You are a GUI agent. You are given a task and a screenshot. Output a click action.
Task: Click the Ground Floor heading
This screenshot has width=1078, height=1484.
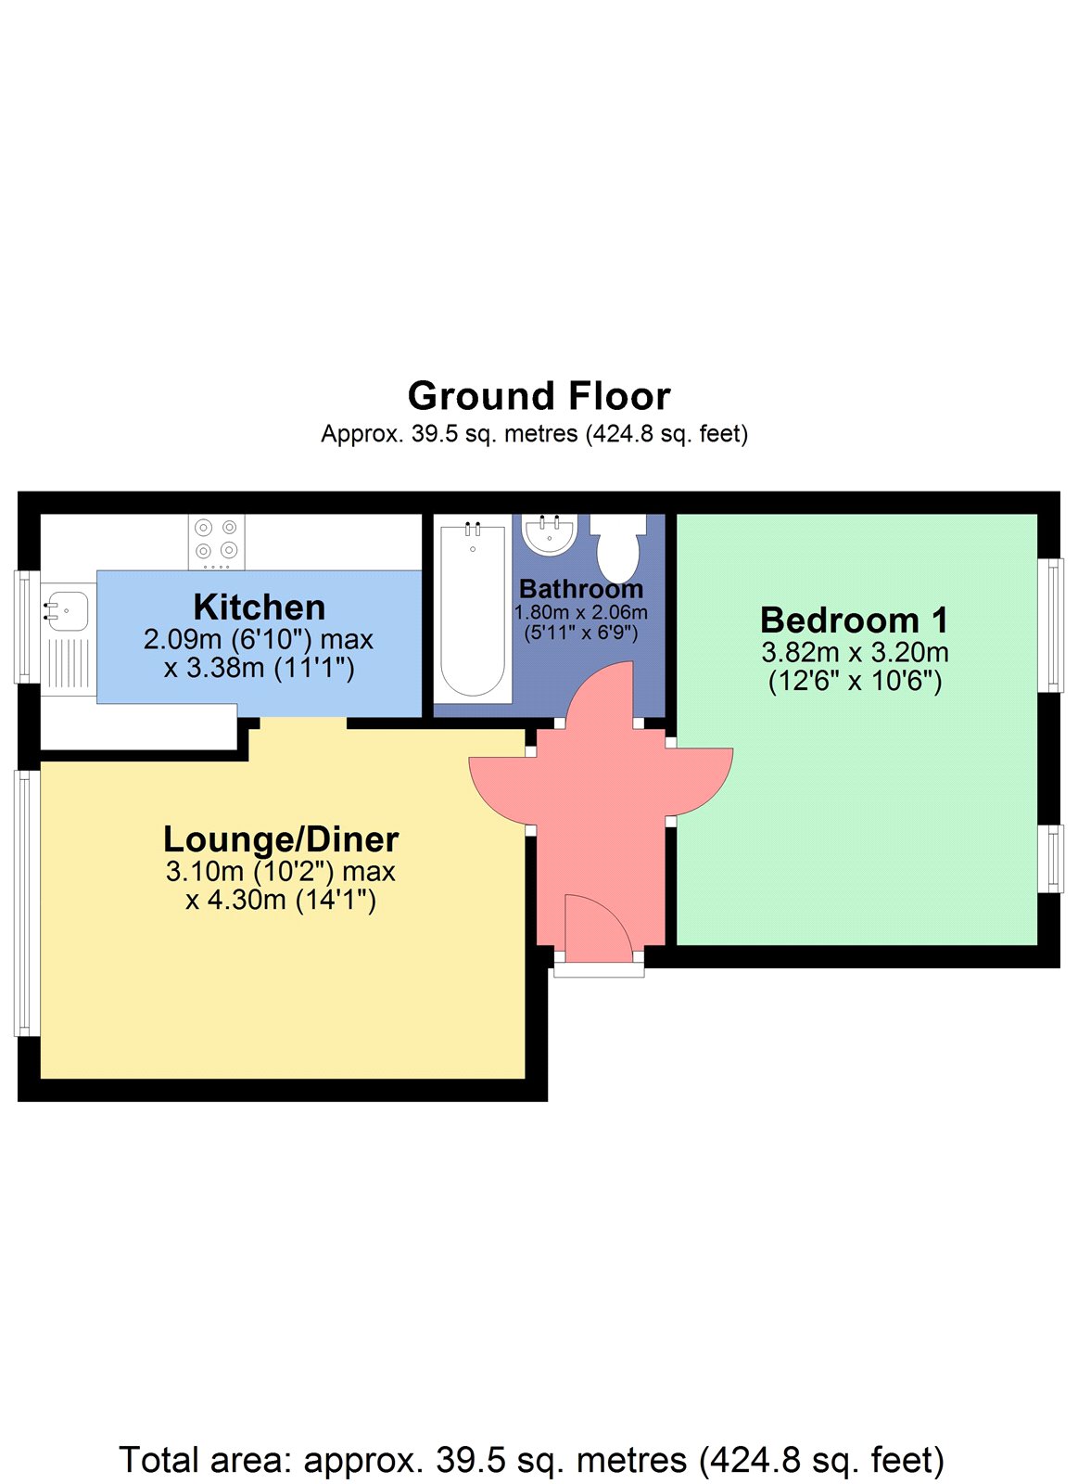coord(539,396)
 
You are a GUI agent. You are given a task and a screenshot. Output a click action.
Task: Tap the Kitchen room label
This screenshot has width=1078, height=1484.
coord(260,608)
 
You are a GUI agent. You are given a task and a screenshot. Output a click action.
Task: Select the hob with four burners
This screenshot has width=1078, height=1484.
coord(217,542)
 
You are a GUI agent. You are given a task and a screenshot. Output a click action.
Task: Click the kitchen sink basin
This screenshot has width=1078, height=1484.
coord(67,610)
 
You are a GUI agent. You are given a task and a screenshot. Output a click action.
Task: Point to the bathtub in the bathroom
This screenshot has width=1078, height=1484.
coord(473,612)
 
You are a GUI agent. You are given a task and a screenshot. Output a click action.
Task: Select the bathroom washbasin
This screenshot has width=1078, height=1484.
coord(550,534)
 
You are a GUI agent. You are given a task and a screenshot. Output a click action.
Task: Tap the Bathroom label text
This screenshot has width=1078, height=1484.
coord(581,589)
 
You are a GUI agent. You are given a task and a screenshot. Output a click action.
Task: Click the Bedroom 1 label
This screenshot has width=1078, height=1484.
coord(855,620)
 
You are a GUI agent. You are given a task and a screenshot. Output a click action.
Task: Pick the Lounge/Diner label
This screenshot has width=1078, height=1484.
coord(281,839)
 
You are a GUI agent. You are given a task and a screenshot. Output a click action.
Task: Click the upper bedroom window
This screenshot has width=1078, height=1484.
coord(1050,625)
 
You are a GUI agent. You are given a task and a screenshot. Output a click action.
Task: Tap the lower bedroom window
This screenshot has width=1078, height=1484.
coord(1050,859)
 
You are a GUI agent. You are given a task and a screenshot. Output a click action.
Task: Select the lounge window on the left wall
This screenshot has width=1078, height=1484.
coord(27,902)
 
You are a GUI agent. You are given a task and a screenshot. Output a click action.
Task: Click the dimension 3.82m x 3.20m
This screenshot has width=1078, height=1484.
coord(855,653)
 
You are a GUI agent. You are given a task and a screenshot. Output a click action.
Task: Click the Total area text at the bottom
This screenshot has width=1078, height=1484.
coord(531,1461)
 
